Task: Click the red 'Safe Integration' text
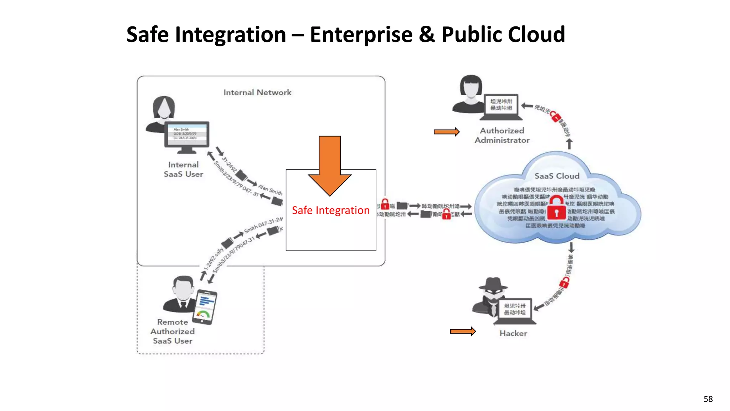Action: tap(331, 210)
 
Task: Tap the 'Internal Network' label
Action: tap(257, 92)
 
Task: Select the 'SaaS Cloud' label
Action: tap(557, 176)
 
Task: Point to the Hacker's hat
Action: tap(493, 284)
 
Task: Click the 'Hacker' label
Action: tap(513, 333)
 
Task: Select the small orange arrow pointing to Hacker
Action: tap(462, 331)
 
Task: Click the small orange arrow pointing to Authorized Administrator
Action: tap(446, 132)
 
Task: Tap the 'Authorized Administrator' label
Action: tap(502, 136)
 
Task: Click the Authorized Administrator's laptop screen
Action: tap(501, 105)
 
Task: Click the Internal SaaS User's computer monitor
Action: tap(187, 133)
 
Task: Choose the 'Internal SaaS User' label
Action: tap(183, 169)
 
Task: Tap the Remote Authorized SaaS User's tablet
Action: tap(205, 307)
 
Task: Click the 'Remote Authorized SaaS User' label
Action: tap(173, 331)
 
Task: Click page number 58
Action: tap(708, 399)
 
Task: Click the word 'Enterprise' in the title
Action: tap(361, 35)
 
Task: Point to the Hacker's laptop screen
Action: tap(515, 309)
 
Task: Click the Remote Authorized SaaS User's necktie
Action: tap(183, 306)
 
